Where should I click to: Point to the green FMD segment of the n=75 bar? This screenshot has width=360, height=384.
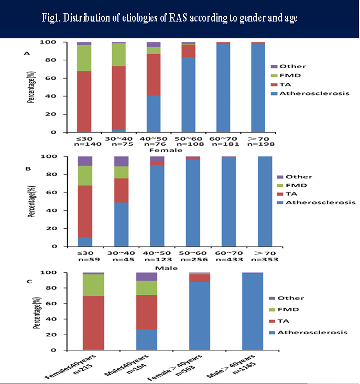pyautogui.click(x=118, y=55)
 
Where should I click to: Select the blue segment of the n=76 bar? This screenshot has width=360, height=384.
pyautogui.click(x=153, y=113)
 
